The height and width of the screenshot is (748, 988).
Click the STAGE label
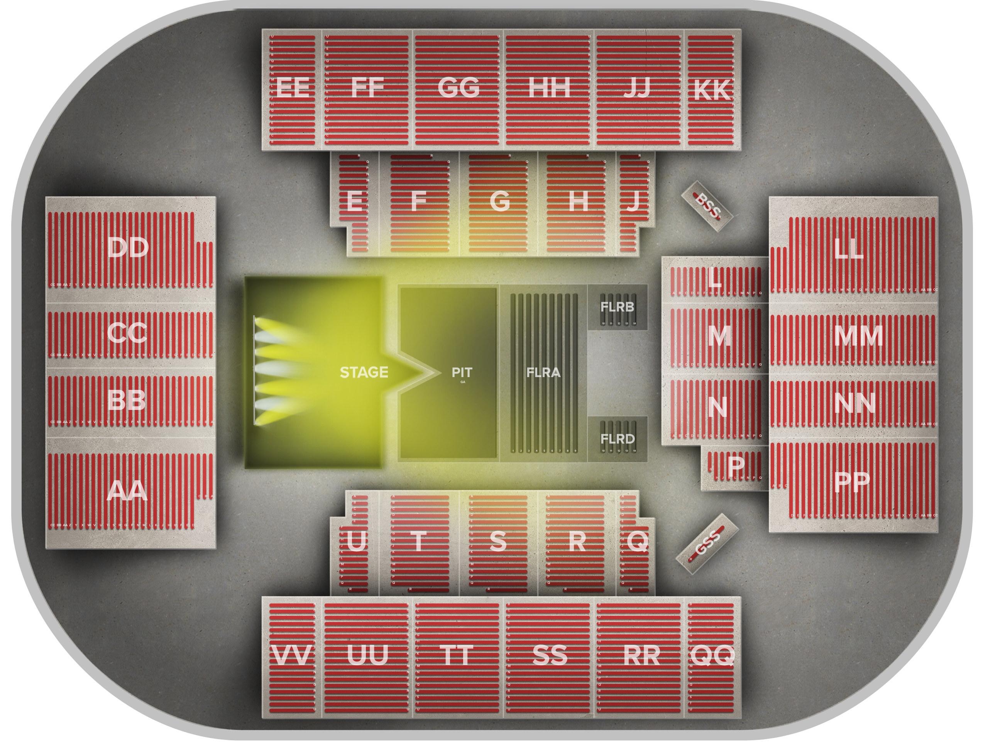364,372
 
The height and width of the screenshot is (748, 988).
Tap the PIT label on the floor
462,372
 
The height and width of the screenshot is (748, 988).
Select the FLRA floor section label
543,372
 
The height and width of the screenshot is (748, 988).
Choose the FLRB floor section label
617,307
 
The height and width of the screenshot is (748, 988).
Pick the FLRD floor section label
617,439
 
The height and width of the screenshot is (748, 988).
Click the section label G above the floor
499,201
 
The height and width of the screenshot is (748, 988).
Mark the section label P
735,466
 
